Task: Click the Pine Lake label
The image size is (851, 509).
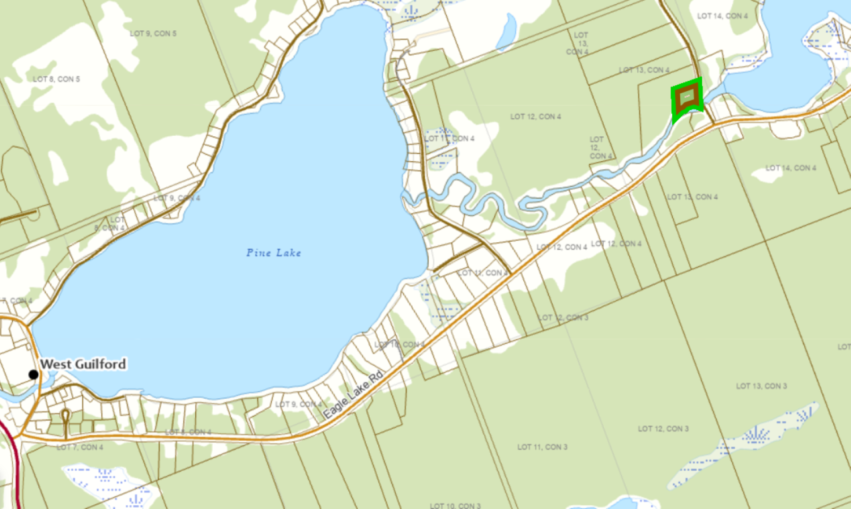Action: tap(273, 253)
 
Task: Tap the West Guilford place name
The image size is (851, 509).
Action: tap(83, 364)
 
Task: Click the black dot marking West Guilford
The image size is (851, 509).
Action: tap(34, 375)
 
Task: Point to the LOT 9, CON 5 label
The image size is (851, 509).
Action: tap(153, 34)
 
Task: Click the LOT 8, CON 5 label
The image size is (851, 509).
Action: tap(56, 79)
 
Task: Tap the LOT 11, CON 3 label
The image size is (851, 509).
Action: tap(542, 447)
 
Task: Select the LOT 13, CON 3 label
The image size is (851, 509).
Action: tap(761, 386)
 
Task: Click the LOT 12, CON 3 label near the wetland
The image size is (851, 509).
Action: tap(663, 429)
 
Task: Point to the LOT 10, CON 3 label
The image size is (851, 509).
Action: tap(455, 506)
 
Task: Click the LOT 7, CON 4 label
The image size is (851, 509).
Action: tap(79, 447)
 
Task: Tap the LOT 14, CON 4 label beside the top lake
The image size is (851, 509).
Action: tap(722, 16)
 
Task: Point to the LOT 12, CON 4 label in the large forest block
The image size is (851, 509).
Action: tap(536, 116)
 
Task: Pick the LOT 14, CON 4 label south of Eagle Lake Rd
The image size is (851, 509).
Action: tap(790, 168)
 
